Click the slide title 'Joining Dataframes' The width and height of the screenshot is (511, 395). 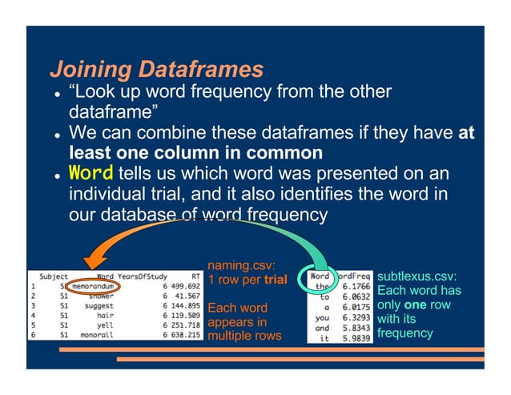point(156,68)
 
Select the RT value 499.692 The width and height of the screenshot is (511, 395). point(183,285)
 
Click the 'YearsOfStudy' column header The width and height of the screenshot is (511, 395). point(140,275)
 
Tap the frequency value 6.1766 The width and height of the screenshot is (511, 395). point(353,286)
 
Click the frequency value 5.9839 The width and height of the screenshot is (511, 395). point(353,338)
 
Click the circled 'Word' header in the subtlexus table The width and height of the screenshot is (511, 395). point(320,276)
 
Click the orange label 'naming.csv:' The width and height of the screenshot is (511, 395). point(241,265)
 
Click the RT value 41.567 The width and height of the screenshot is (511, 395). point(185,295)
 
